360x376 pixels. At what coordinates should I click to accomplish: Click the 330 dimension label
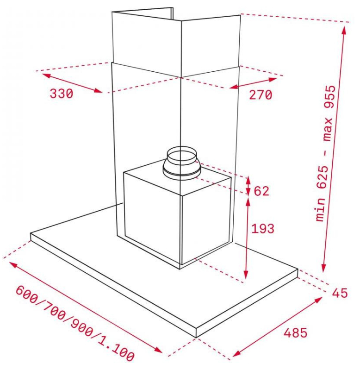[62, 93]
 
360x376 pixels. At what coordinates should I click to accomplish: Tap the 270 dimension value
[261, 94]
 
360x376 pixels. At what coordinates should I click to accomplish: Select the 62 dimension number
[261, 191]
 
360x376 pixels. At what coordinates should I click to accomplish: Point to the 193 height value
[263, 229]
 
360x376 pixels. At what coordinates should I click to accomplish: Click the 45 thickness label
[340, 293]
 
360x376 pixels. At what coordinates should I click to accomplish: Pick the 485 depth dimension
[296, 332]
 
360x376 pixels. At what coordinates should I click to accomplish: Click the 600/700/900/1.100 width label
[75, 324]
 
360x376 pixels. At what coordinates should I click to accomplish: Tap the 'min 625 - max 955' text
[326, 153]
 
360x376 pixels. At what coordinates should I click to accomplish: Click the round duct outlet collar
[181, 164]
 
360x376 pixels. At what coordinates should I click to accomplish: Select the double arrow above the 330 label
[72, 83]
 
